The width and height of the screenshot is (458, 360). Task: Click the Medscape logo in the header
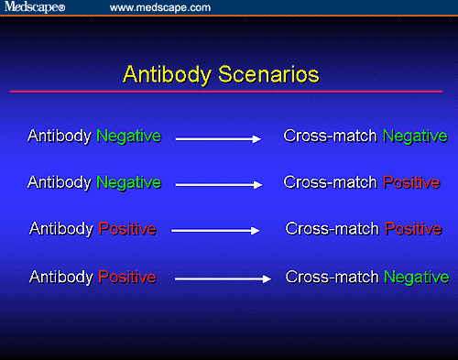[38, 7]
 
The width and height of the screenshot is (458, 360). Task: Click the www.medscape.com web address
[160, 7]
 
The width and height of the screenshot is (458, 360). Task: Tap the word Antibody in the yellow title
[159, 73]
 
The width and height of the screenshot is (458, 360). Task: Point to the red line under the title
[228, 93]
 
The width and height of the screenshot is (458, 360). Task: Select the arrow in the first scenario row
[219, 139]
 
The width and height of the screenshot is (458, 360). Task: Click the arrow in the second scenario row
[219, 185]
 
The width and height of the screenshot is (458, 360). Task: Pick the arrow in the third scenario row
[216, 231]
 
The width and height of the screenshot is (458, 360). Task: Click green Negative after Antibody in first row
[129, 136]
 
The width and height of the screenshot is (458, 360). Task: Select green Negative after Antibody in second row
[129, 182]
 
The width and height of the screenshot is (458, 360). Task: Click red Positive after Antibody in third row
[127, 228]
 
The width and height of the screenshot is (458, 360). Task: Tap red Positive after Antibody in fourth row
[127, 276]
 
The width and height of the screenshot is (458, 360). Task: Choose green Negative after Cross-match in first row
[415, 136]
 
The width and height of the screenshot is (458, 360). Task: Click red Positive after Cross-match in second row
[411, 182]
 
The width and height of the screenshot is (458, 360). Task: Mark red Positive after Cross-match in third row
[413, 228]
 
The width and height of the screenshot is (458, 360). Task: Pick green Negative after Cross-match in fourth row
[417, 276]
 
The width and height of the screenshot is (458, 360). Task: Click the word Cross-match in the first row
[332, 136]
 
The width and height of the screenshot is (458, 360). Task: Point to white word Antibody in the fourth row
[62, 276]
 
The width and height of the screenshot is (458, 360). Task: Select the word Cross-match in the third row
[333, 228]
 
